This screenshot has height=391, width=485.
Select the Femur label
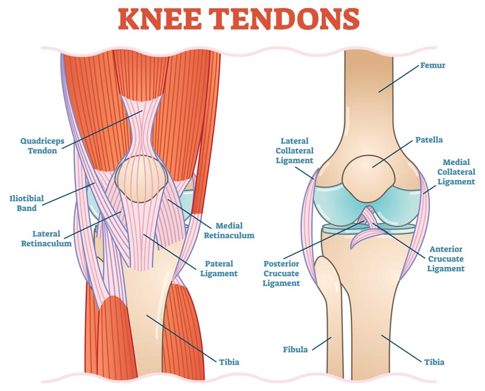click(x=433, y=67)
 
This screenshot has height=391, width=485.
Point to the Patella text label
click(x=428, y=140)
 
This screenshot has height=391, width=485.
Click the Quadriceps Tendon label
click(x=42, y=146)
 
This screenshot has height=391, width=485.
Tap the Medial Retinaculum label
click(x=235, y=230)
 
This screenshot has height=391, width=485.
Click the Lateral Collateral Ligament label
click(x=294, y=150)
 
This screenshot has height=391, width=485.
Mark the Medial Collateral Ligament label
click(x=456, y=172)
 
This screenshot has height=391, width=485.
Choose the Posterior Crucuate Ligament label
click(x=281, y=273)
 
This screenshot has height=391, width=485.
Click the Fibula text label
click(x=295, y=349)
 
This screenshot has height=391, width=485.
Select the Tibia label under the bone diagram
click(x=434, y=362)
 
